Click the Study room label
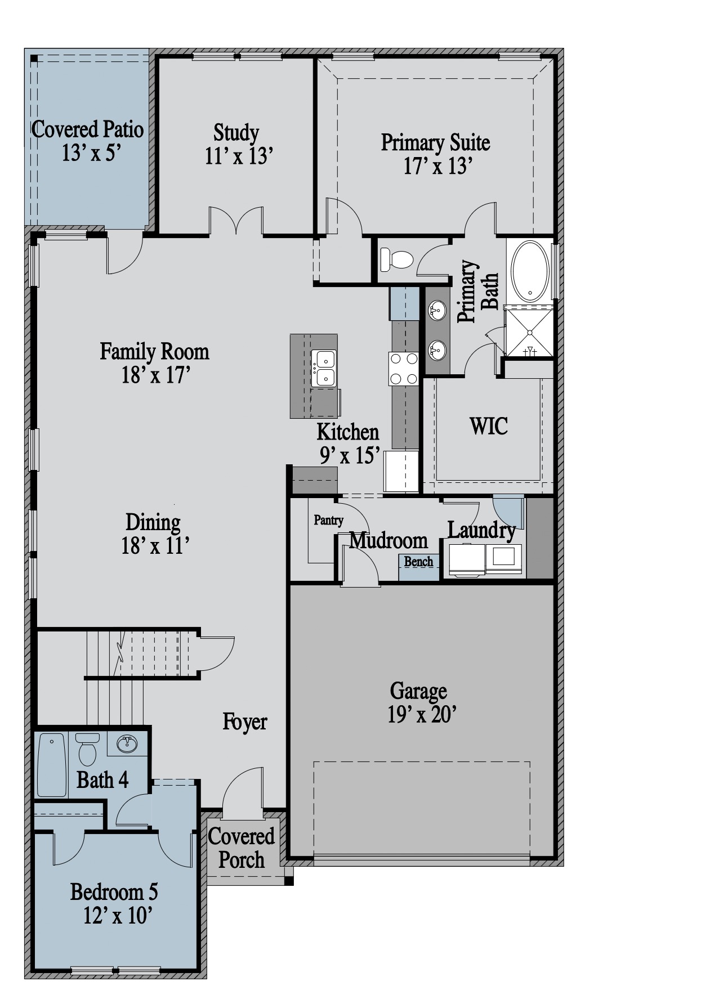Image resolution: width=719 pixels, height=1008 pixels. (x=236, y=133)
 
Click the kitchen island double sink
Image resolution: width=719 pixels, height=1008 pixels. (x=324, y=368)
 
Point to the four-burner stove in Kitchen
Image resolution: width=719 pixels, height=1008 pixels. (x=403, y=368)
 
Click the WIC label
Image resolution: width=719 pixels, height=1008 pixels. (x=489, y=426)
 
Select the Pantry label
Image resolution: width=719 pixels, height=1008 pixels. (x=328, y=520)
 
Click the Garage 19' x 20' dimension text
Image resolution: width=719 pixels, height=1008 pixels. (x=421, y=715)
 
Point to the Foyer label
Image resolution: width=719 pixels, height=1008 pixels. (x=245, y=721)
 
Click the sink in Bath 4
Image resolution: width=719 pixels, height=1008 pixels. (x=127, y=744)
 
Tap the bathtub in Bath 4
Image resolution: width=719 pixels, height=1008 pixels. (x=52, y=764)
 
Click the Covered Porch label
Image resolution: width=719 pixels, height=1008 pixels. (x=242, y=848)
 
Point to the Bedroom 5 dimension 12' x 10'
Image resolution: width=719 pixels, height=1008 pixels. (x=118, y=916)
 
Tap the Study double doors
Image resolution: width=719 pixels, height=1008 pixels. (x=236, y=221)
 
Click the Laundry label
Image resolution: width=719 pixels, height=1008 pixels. (x=481, y=530)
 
